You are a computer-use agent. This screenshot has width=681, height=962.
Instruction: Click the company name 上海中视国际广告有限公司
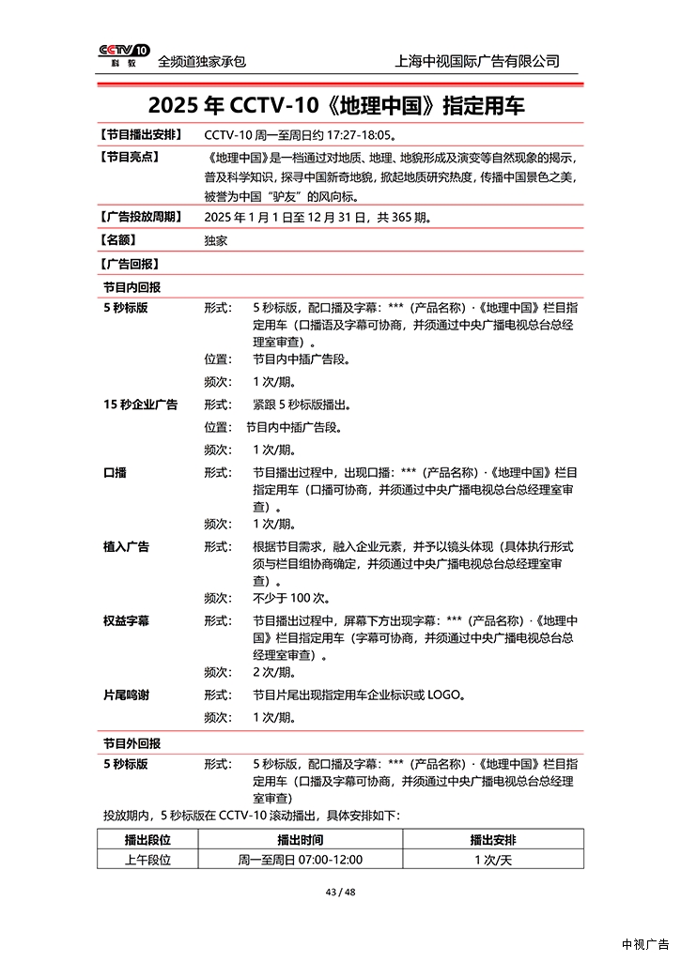click(x=478, y=61)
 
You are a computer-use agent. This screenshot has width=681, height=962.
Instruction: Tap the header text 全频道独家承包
click(x=202, y=61)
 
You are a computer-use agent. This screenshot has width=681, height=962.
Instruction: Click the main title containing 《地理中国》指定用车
click(x=336, y=104)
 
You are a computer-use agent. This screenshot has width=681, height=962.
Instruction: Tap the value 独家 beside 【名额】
click(x=215, y=240)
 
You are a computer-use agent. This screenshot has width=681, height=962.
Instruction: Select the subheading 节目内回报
click(x=132, y=286)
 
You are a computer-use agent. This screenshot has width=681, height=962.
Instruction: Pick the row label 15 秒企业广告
click(x=140, y=405)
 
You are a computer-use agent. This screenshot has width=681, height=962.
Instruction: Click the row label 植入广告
click(x=126, y=546)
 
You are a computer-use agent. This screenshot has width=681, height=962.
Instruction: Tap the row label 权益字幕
click(x=126, y=620)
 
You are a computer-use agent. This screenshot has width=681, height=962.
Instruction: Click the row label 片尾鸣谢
click(x=126, y=695)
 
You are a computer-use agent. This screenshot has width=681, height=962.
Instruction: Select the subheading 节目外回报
click(x=132, y=741)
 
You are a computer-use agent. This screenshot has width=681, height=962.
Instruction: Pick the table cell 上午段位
click(x=147, y=859)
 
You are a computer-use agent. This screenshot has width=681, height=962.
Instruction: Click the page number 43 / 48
click(x=340, y=892)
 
